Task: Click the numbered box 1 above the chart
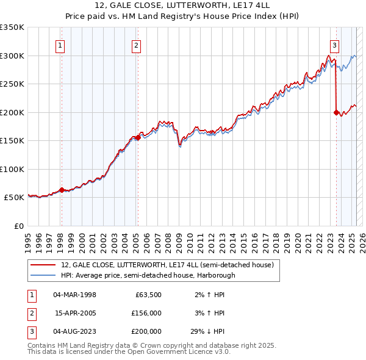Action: (x=61, y=45)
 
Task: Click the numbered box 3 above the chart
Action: (x=335, y=45)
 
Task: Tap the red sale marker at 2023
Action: (x=336, y=112)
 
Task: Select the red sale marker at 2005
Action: (x=138, y=137)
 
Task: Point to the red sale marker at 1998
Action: (x=62, y=190)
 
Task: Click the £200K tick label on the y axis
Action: (x=12, y=112)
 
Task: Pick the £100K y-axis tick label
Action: (x=12, y=169)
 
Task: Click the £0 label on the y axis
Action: (x=18, y=226)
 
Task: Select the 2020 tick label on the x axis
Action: (x=298, y=239)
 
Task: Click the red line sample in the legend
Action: (x=43, y=265)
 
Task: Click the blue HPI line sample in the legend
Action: (x=43, y=275)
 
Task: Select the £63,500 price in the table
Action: (x=146, y=295)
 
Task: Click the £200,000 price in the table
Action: (x=146, y=331)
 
